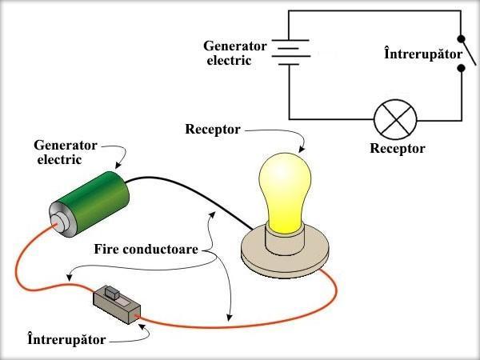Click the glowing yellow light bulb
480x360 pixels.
284,188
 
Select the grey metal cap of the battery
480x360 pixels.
61,218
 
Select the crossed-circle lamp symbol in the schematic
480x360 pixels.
395,121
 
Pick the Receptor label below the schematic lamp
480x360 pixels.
398,149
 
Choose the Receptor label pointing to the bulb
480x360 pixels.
212,129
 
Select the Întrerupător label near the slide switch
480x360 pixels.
66,340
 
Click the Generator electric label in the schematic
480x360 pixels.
238,53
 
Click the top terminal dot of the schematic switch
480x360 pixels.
462,38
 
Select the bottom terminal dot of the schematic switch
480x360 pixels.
462,69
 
